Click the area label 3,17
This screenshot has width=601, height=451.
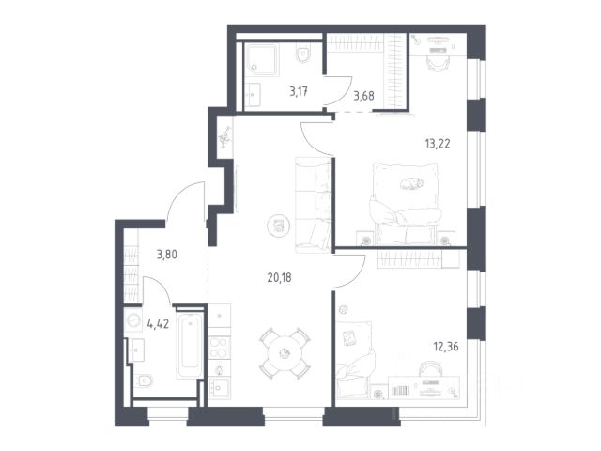click(299, 92)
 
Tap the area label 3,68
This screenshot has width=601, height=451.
click(363, 96)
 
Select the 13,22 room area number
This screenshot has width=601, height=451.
click(438, 144)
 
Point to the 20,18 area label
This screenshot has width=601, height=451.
click(280, 278)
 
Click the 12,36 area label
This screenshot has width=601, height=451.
click(446, 347)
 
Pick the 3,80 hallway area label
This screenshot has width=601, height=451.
click(167, 255)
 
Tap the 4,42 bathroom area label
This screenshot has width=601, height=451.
click(158, 324)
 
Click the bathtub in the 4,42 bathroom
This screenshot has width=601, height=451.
click(190, 346)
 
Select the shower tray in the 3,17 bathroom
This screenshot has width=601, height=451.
click(261, 59)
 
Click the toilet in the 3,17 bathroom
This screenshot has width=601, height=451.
click(303, 54)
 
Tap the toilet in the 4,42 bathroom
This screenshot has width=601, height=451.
click(143, 381)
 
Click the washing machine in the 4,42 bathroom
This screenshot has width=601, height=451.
click(133, 320)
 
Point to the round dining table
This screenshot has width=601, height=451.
click(285, 353)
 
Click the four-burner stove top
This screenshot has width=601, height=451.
click(220, 347)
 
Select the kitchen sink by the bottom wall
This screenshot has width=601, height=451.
click(220, 388)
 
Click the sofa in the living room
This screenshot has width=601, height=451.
click(313, 205)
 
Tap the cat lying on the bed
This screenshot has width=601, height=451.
click(412, 183)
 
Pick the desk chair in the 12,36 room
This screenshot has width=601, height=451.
click(430, 368)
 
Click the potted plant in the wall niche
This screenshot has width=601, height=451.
click(225, 137)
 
